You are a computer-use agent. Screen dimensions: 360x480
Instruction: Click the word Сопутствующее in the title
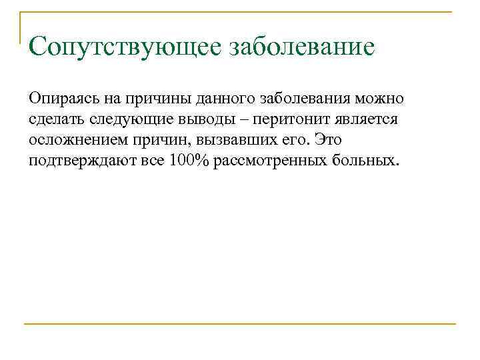(125, 47)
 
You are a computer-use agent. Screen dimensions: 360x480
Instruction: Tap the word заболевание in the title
(302, 47)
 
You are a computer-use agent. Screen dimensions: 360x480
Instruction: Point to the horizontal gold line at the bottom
(240, 324)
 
